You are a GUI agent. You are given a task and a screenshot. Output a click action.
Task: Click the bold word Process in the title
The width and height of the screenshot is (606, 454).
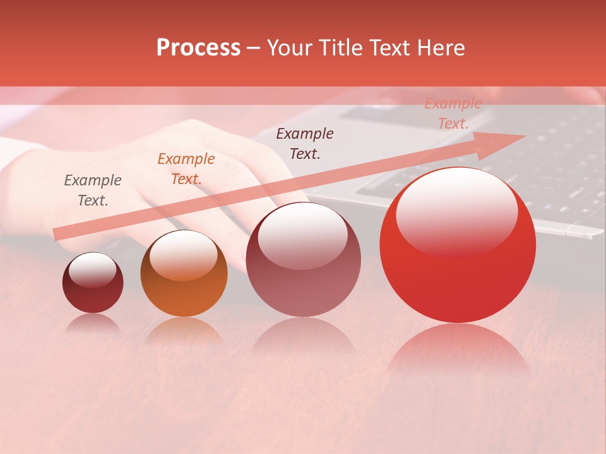pos(198,48)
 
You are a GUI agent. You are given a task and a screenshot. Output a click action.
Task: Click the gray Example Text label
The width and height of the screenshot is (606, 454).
pos(93,190)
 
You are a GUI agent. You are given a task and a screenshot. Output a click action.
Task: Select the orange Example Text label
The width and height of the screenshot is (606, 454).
pos(186,169)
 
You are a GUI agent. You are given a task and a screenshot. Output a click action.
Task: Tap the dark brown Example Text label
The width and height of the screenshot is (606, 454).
pos(305,144)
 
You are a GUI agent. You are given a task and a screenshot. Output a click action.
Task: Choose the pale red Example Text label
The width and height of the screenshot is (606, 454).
pos(453,113)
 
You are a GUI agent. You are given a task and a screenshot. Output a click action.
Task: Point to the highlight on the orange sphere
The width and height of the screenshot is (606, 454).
pos(184,254)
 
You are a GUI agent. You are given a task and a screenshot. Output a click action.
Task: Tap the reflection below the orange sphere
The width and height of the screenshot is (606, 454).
pos(184,331)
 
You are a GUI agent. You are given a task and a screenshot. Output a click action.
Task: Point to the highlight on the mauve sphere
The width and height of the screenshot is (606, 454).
pos(303,235)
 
